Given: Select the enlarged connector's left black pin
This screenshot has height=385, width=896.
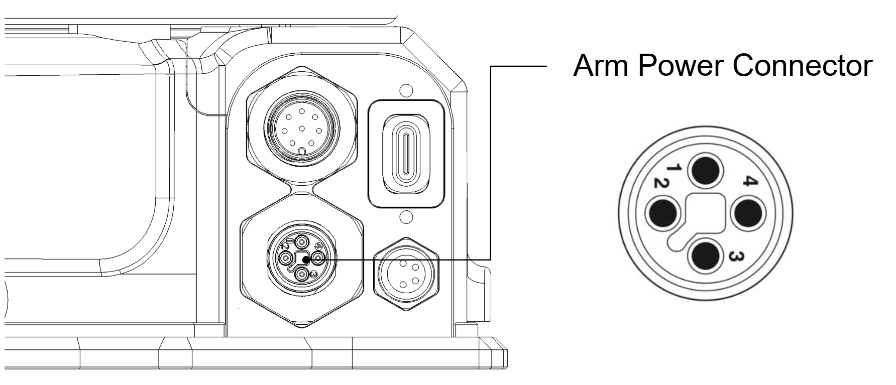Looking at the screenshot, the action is (662, 213).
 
